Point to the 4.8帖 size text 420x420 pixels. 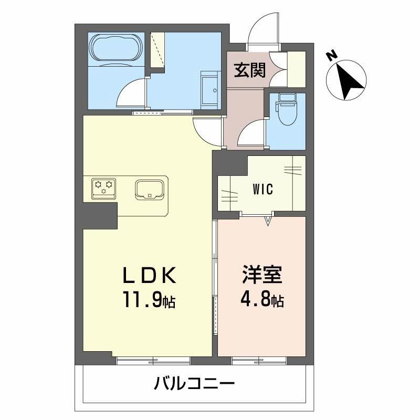(x=262, y=301)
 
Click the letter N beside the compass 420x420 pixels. (x=331, y=54)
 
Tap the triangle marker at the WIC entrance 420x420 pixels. (x=268, y=221)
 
